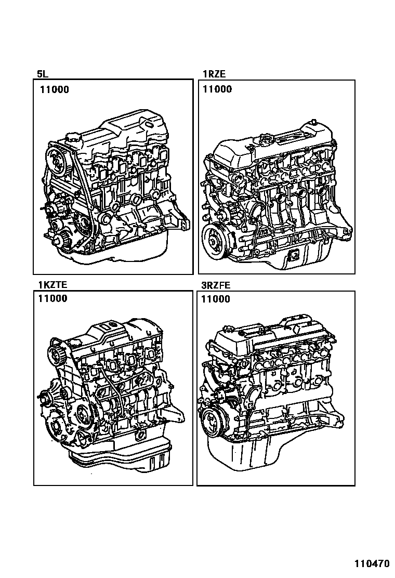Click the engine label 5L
tap(43, 74)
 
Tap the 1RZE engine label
tap(214, 74)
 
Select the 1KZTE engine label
tap(52, 284)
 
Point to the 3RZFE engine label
tap(216, 285)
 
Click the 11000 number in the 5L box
tap(55, 89)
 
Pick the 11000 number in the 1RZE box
tap(217, 89)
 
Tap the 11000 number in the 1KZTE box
tap(53, 298)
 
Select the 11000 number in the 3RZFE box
tap(216, 299)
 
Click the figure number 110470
tap(372, 563)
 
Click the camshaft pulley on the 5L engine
tap(57, 162)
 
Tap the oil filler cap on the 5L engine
tap(71, 140)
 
